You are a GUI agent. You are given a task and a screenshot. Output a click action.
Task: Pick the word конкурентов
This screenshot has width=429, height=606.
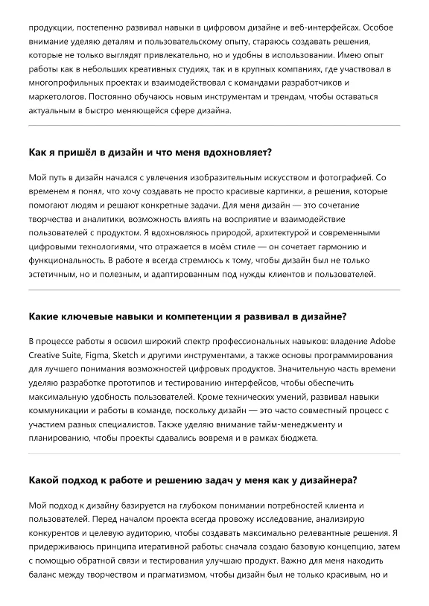pyautogui.click(x=58, y=533)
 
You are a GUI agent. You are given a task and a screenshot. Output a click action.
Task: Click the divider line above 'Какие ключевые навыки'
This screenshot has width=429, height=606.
pyautogui.click(x=214, y=290)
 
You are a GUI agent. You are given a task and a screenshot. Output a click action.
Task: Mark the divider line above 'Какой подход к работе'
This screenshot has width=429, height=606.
pyautogui.click(x=214, y=454)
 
